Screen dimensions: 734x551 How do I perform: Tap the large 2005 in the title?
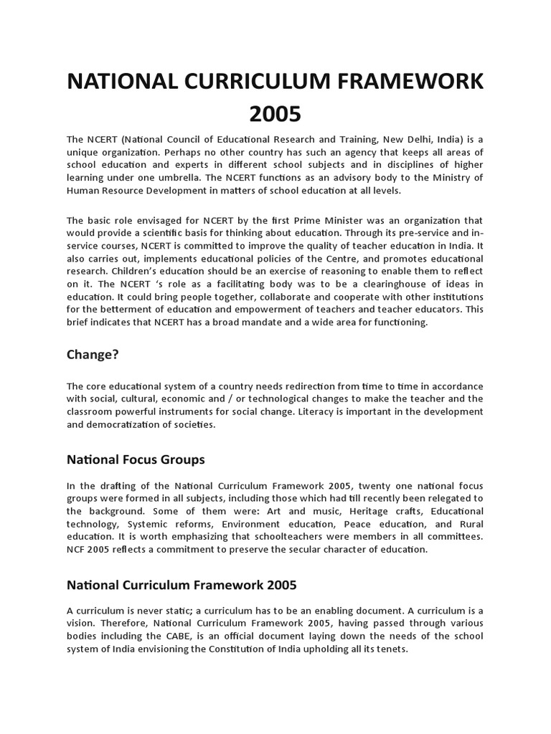[275, 113]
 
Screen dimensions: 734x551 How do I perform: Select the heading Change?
[92, 353]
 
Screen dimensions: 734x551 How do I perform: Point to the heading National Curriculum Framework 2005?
[182, 584]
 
